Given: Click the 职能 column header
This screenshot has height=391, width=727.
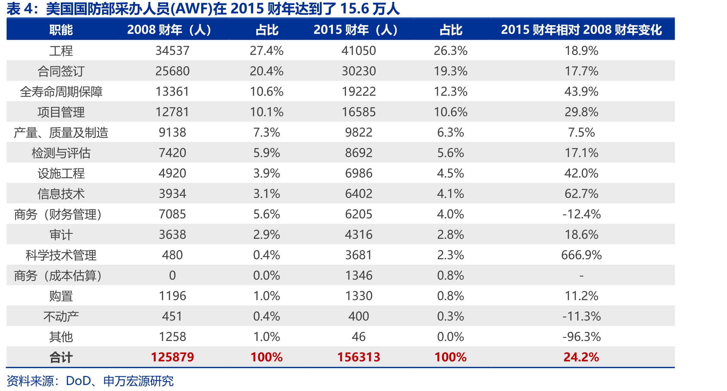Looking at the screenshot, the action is [x=61, y=30].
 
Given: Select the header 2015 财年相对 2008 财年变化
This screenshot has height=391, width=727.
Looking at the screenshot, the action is [x=581, y=30].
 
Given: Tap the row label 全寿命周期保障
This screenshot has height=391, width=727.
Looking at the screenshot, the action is [x=61, y=91].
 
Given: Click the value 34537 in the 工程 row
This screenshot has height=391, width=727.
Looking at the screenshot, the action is [x=172, y=51].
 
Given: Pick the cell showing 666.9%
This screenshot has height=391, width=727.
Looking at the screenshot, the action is [x=582, y=255].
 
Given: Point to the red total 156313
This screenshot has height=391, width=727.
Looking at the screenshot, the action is [x=359, y=357].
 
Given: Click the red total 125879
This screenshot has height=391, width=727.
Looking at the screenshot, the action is [x=172, y=357].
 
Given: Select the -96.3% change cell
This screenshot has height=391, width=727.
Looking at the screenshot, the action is [x=582, y=337].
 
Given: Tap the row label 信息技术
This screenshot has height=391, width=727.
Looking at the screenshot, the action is [x=61, y=194].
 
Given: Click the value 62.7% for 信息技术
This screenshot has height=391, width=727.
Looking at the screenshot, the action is [x=582, y=194].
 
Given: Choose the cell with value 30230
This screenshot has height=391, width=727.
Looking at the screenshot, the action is [x=359, y=71].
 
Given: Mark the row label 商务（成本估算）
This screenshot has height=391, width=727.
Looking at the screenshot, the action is [x=58, y=276].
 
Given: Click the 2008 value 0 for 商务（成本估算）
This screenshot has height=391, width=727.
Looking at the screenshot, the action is [x=172, y=275].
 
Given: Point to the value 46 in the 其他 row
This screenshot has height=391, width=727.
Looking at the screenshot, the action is [x=359, y=337].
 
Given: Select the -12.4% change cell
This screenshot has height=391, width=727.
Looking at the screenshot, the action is [x=582, y=214].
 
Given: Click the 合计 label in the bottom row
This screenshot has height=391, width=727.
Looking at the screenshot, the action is [x=61, y=357].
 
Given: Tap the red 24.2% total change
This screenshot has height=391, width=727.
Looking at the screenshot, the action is [x=582, y=357].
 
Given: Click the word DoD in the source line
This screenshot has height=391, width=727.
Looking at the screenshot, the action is [x=79, y=381].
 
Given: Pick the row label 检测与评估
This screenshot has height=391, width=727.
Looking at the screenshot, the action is [x=61, y=153].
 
